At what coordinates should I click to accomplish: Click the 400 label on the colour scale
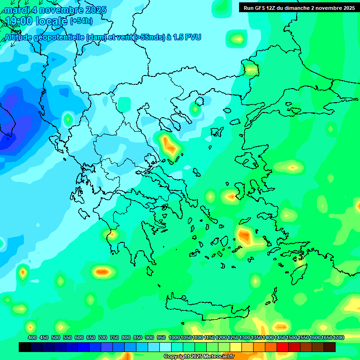(x=32, y=337)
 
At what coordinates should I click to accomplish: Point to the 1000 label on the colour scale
(x=174, y=337)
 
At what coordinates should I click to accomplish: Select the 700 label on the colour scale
(x=103, y=337)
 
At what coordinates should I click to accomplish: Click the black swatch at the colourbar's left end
(x=25, y=347)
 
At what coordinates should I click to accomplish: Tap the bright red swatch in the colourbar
(x=283, y=347)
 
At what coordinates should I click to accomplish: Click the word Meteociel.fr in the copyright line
(x=219, y=357)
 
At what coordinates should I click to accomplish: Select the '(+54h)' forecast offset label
(x=81, y=21)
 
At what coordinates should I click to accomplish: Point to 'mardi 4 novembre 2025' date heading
(x=55, y=10)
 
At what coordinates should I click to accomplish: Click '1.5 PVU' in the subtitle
(x=187, y=37)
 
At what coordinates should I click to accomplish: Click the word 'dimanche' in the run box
(x=305, y=8)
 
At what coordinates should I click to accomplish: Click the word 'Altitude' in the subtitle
(x=19, y=37)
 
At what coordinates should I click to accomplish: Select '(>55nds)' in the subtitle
(x=148, y=37)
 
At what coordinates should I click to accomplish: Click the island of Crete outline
(x=206, y=309)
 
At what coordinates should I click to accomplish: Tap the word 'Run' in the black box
(x=249, y=8)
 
